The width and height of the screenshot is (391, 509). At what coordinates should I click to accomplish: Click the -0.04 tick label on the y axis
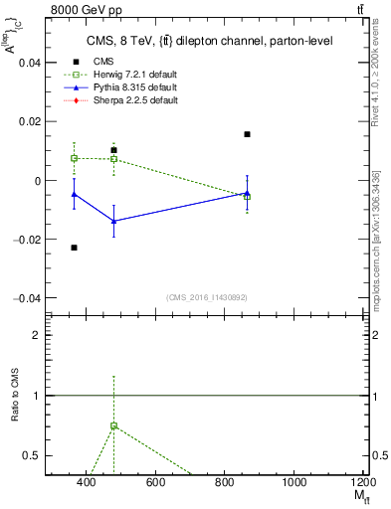point(26,298)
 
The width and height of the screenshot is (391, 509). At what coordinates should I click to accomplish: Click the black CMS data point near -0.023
point(75,248)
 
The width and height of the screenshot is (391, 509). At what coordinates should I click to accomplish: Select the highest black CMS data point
point(247,134)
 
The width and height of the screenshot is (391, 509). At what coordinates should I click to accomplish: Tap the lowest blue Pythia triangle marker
point(114,221)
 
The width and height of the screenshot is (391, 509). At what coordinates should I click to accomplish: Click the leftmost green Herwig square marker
point(75,158)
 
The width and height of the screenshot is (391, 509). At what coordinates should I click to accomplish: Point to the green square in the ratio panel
point(114,425)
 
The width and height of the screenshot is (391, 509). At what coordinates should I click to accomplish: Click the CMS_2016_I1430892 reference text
point(207,298)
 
